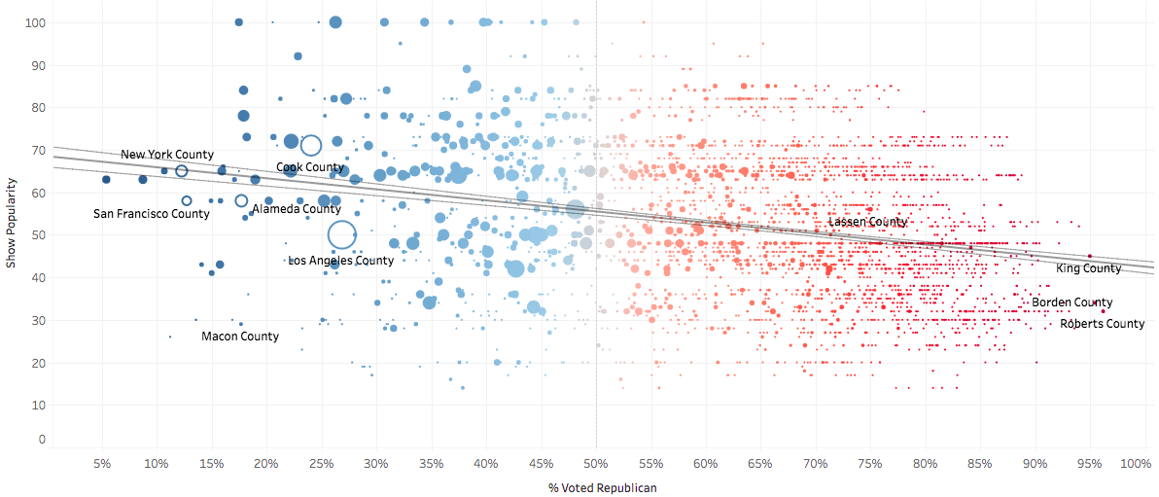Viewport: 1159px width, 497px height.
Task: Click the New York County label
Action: tap(167, 155)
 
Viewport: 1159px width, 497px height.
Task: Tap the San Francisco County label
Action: tap(151, 214)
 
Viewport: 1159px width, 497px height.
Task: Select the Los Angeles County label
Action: tap(341, 261)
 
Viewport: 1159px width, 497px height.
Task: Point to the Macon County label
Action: tap(240, 337)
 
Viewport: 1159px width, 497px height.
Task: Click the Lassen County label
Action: tap(867, 222)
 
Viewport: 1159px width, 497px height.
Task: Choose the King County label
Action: tap(1089, 268)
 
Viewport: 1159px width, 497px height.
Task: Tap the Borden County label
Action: tap(1072, 302)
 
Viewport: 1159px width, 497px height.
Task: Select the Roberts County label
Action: tap(1103, 324)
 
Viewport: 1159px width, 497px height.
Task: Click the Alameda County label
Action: tap(297, 209)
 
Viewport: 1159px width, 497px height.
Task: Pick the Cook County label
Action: tap(310, 167)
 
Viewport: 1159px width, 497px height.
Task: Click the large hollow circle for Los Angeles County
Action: tap(341, 234)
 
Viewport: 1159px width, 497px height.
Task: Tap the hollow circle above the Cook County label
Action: tap(311, 146)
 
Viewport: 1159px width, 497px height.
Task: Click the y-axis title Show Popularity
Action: tap(12, 223)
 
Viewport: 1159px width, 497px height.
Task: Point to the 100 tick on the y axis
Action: tap(36, 22)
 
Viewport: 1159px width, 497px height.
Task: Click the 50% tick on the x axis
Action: tap(596, 464)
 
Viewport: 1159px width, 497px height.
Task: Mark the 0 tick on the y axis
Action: tap(42, 440)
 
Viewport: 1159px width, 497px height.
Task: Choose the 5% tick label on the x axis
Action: tap(102, 464)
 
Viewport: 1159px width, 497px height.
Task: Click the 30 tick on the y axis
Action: tap(39, 320)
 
